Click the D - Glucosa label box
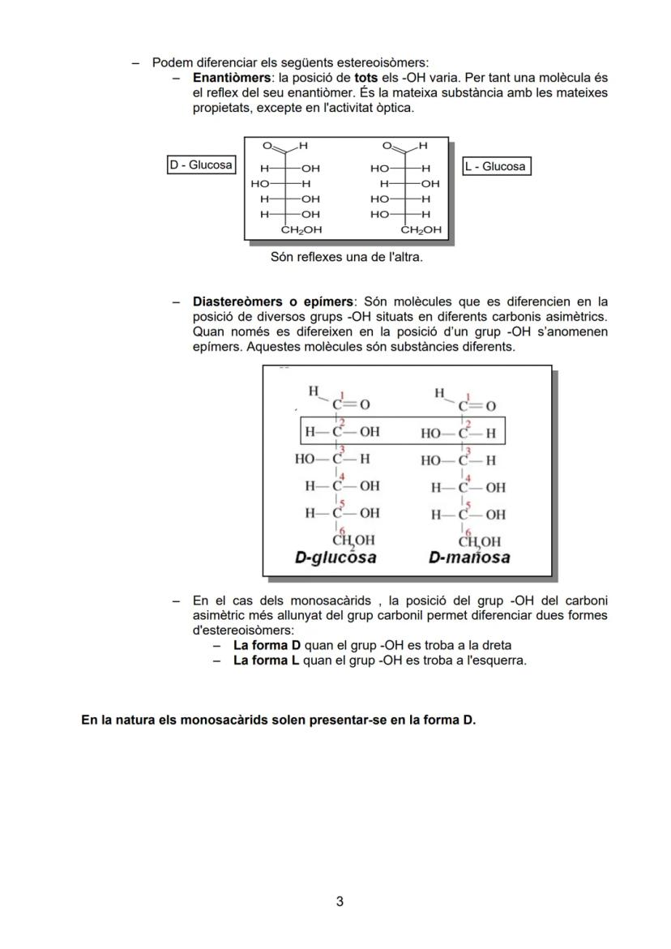tap(200, 165)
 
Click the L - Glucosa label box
tap(496, 167)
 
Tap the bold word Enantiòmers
tap(231, 78)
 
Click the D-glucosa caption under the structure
tap(335, 558)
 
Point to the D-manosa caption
tap(469, 558)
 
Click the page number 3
tap(340, 901)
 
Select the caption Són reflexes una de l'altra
tap(346, 258)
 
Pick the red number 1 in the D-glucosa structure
tap(342, 395)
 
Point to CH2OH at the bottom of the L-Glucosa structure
tap(421, 230)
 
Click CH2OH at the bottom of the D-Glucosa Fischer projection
tap(301, 230)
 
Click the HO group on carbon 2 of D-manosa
tap(431, 433)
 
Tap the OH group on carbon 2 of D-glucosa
tap(369, 432)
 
